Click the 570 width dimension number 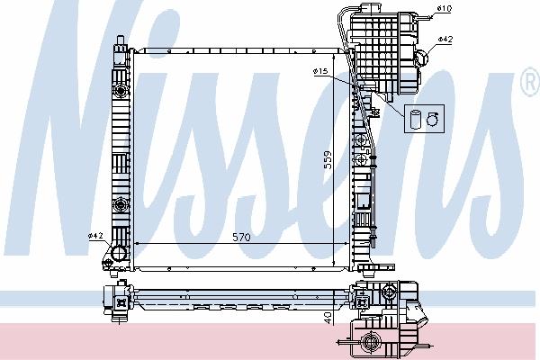coord(241,237)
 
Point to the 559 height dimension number coord(328,160)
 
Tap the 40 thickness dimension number coord(328,318)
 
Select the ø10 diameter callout coord(445,8)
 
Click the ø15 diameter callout coord(320,71)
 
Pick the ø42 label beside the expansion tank coord(445,40)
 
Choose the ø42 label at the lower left coord(95,236)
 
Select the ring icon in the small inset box coord(432,119)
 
